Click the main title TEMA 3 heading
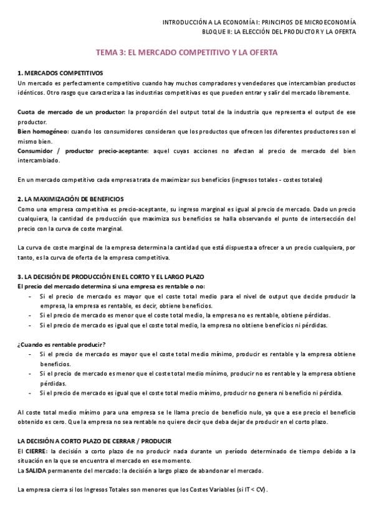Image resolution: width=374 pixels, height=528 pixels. pos(186,54)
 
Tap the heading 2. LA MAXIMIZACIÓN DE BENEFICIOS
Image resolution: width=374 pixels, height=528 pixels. pos(75,199)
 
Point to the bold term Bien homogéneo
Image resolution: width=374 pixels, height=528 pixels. pos(42,132)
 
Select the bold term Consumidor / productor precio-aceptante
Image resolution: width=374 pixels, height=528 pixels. pos(82,151)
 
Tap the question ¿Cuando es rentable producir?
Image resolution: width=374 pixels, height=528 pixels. pos(62,345)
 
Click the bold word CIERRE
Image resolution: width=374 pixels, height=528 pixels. pos(36,451)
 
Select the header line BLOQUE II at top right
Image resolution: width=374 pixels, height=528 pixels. pos(279,32)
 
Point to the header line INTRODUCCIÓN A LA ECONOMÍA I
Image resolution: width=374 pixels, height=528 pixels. pos(259,22)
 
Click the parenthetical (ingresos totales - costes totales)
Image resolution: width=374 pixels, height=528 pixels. pos(276,179)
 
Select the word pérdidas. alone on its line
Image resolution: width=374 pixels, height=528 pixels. pos(54,384)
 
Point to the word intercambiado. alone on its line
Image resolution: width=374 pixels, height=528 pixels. pos(40,160)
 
